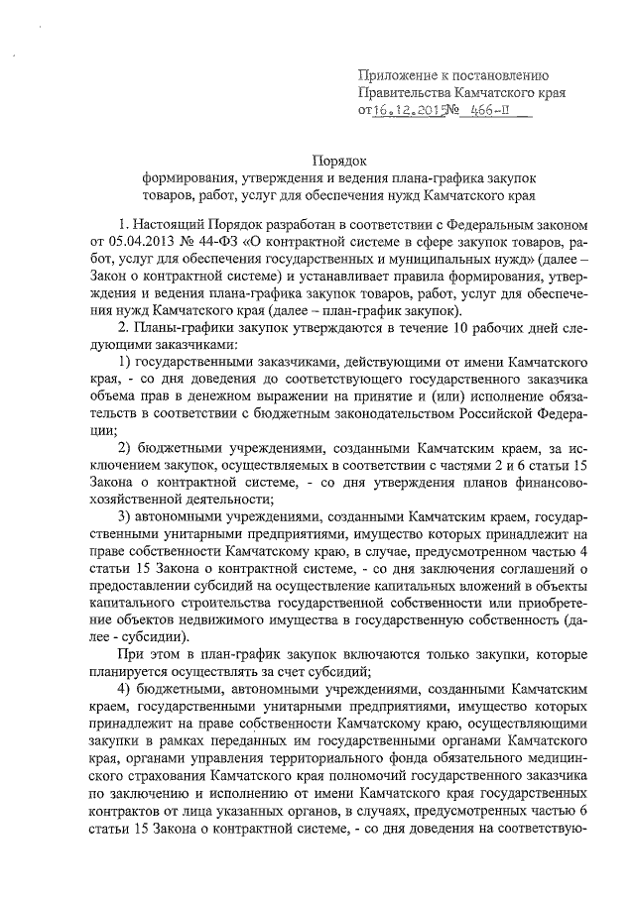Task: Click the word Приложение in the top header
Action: (400, 75)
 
